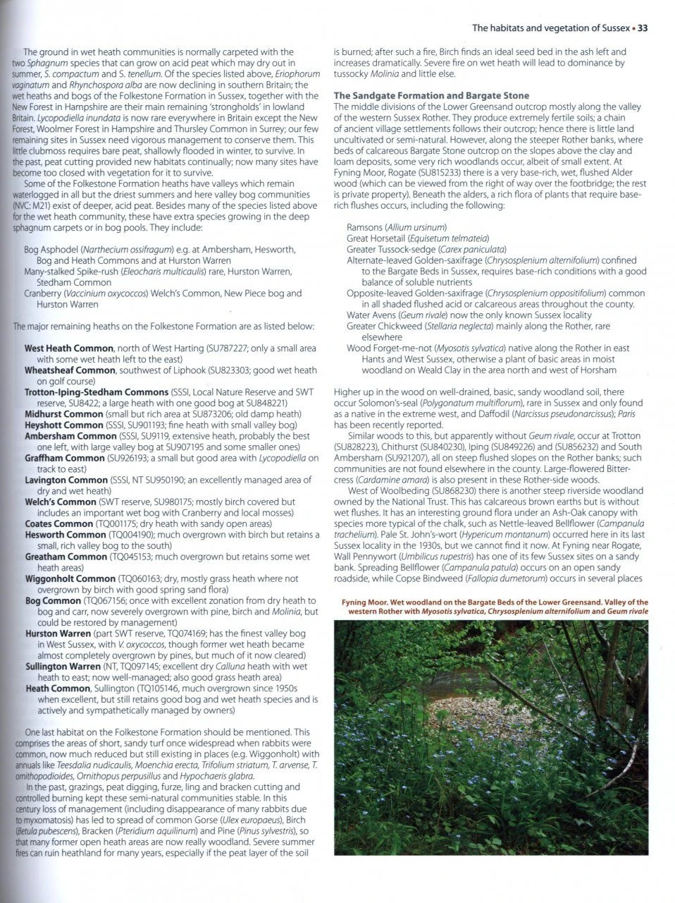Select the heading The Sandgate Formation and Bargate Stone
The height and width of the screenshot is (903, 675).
pyautogui.click(x=431, y=95)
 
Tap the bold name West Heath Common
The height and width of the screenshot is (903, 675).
pyautogui.click(x=68, y=348)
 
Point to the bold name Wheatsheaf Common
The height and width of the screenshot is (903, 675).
pyautogui.click(x=70, y=370)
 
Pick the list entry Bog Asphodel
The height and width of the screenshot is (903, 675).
pyautogui.click(x=51, y=250)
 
